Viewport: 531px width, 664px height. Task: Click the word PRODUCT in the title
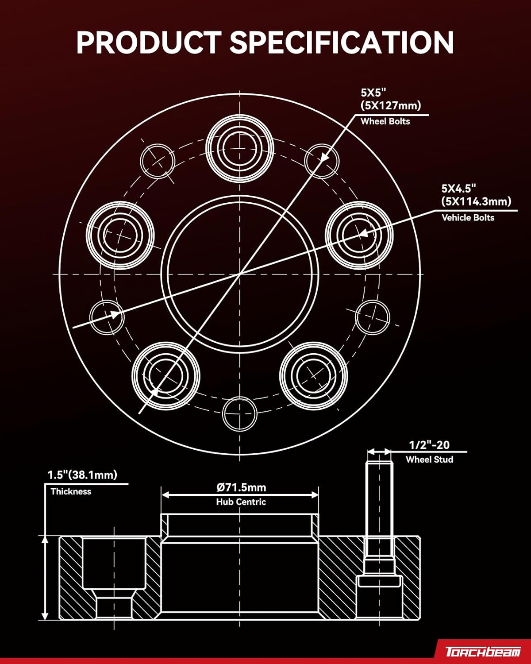[148, 42]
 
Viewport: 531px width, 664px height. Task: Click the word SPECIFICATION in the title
[341, 42]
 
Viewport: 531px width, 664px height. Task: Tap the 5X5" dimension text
[373, 93]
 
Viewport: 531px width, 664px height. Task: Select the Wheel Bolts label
[385, 121]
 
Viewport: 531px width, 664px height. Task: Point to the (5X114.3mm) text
[476, 201]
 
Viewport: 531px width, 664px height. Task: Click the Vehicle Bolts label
[468, 217]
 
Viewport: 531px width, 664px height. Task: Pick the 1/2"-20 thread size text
[429, 445]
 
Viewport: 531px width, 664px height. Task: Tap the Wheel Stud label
[429, 459]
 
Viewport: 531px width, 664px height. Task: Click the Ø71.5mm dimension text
[241, 487]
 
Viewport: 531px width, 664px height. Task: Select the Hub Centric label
[241, 502]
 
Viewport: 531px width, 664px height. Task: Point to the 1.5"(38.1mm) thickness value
[82, 475]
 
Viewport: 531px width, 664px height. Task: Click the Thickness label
[71, 491]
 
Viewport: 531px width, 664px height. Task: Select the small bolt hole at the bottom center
[240, 413]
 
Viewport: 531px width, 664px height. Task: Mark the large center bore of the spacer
[240, 274]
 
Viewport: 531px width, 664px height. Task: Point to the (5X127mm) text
[391, 105]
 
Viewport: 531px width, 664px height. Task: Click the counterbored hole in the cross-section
[114, 575]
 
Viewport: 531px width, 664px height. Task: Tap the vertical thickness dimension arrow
[45, 577]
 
